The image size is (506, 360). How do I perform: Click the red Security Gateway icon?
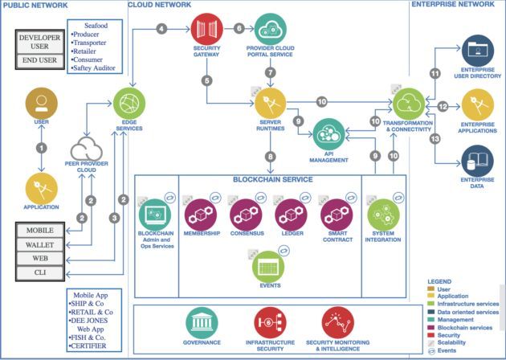click(x=206, y=29)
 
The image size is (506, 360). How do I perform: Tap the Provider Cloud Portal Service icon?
click(x=271, y=29)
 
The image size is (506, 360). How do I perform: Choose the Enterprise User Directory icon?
click(x=479, y=51)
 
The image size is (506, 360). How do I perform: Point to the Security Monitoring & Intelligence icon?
click(x=338, y=321)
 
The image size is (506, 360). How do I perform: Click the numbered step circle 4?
click(x=162, y=29)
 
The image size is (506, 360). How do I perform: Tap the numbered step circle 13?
click(x=436, y=138)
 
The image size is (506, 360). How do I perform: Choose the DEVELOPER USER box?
click(x=39, y=41)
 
